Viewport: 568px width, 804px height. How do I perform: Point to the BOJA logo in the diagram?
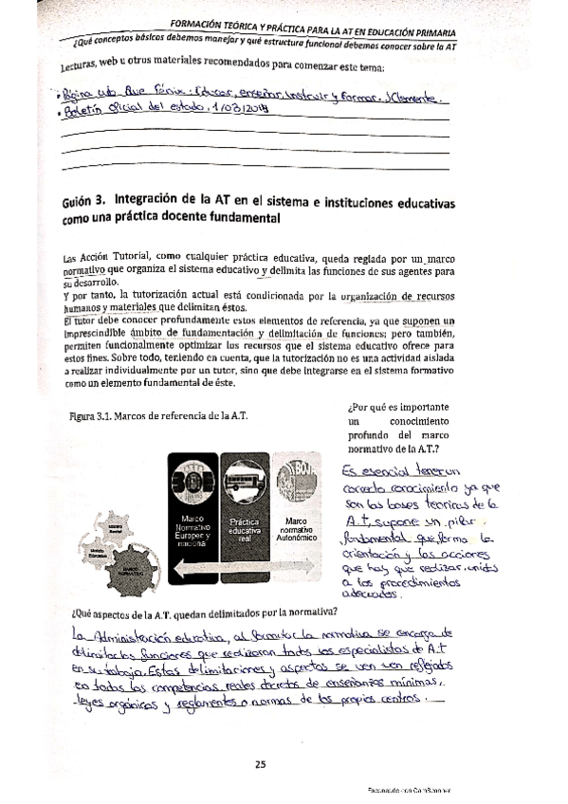pos(297,479)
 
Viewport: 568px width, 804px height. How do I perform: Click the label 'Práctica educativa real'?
pos(245,529)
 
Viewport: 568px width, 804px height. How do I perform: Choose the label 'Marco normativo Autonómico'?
pos(297,529)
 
